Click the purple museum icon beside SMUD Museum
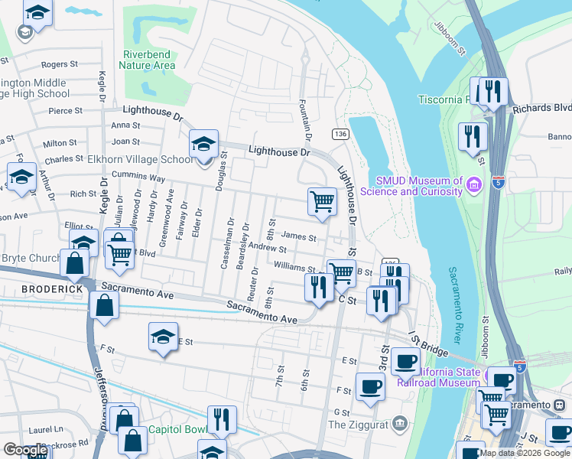[x=473, y=184]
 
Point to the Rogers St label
[x=55, y=65]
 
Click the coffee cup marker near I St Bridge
[x=406, y=360]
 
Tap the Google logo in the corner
[x=26, y=450]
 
